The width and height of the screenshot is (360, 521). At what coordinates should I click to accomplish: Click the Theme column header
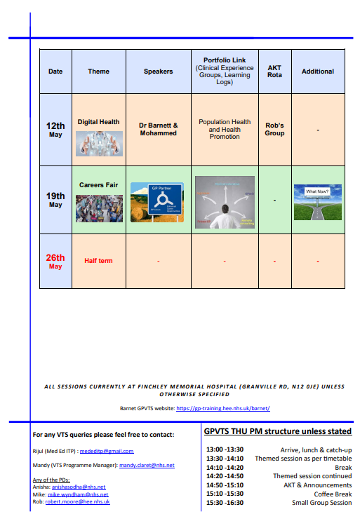(98, 72)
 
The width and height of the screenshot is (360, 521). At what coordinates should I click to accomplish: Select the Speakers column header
(158, 72)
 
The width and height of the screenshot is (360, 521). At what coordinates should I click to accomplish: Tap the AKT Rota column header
(274, 72)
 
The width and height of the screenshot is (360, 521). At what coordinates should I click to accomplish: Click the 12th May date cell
(55, 130)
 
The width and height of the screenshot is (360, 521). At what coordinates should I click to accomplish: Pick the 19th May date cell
(55, 200)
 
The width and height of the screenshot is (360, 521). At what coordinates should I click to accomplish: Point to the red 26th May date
(55, 261)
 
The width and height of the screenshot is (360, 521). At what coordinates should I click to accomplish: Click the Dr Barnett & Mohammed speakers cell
(158, 129)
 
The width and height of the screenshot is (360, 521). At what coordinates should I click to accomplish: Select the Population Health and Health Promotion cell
(225, 129)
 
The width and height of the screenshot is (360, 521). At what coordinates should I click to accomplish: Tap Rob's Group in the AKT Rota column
(274, 129)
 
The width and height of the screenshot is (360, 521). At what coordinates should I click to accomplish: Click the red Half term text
(98, 261)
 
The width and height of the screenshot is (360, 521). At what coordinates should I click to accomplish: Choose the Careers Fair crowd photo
(99, 208)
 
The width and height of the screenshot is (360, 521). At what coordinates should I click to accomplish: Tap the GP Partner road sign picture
(157, 202)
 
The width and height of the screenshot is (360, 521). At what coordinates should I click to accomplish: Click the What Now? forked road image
(316, 202)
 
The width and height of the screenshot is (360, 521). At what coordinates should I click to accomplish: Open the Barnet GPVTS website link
(222, 408)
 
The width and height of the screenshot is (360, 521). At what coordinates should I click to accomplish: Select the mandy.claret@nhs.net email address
(147, 465)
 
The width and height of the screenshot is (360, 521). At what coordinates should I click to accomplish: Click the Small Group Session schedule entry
(322, 503)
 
